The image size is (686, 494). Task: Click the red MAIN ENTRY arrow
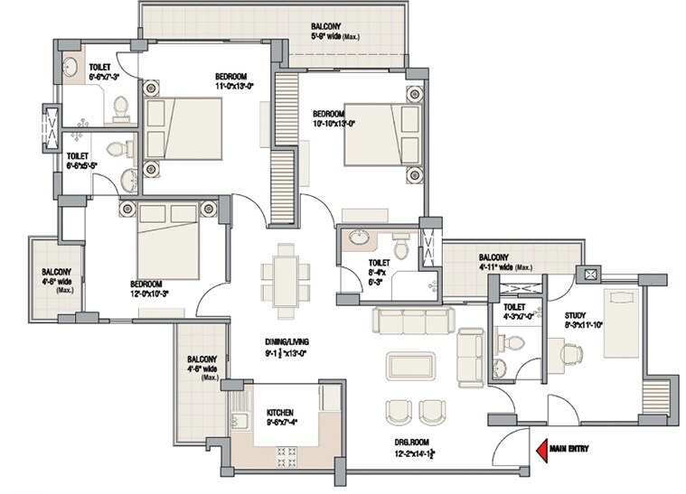[x=543, y=446]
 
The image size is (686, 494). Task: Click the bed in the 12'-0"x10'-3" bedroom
[x=168, y=241]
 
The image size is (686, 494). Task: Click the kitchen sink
[x=240, y=422]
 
